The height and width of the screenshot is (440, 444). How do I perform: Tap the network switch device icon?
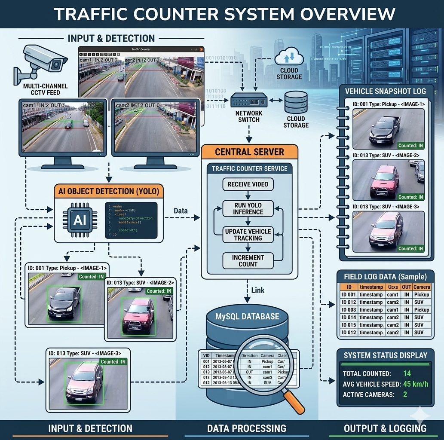pos(249,101)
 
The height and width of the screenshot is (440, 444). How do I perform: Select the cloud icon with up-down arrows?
pos(289,57)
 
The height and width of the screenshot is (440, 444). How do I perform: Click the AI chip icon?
pos(80,220)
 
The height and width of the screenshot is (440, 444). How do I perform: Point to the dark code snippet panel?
pos(131,220)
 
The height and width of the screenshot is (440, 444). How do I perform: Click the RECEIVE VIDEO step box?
pos(248,184)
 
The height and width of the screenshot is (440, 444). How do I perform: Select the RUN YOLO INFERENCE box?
pos(248,208)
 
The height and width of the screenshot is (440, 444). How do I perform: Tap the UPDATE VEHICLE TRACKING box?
pos(248,235)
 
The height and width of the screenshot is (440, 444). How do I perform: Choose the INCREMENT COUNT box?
pos(248,261)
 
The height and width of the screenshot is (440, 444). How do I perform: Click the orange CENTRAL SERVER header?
pos(249,152)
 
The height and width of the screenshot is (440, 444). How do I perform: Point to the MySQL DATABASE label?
pos(247,317)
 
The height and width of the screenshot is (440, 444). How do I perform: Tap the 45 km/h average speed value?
pos(415,384)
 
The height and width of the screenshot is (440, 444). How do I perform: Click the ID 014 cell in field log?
pos(349,318)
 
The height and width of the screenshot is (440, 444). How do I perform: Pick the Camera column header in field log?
pos(422,287)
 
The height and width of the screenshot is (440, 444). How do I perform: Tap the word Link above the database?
pos(258,290)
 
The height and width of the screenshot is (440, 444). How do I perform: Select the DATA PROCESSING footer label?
pos(247,428)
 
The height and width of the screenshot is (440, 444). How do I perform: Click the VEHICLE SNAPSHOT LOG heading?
pos(386,91)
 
